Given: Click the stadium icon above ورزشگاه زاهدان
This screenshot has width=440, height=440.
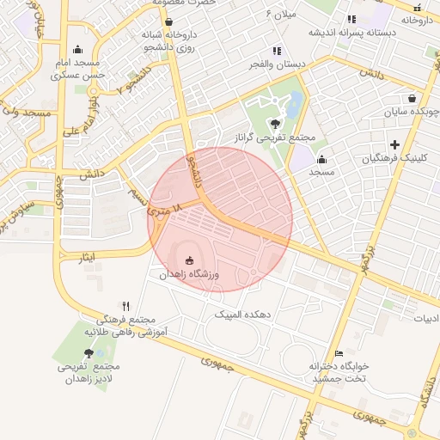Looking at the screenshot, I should pos(190,260).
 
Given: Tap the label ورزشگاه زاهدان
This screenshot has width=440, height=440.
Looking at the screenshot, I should pos(190,274).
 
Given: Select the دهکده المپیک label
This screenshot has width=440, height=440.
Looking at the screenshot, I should pos(243,315).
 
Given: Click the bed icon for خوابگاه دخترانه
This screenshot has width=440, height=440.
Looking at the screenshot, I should pos(339,353).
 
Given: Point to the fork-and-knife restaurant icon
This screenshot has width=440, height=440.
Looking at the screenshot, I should pos(125,306).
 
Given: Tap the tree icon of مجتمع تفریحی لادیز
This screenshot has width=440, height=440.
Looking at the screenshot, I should pos(89,353).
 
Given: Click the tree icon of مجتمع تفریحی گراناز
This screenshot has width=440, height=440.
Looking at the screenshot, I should pos(275,124).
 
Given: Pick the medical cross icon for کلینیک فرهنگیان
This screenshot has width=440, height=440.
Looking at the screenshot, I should pos(394,144).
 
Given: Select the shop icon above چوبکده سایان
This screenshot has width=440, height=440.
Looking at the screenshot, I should pos(412,98).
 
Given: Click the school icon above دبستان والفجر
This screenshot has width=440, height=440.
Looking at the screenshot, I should pos(276,51).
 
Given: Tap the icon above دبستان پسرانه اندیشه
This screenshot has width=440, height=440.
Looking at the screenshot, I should pos(351,19).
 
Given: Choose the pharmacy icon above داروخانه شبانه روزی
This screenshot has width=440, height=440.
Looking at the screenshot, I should pos(168,22).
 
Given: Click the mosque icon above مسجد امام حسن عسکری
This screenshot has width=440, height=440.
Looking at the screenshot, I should pos(78,49).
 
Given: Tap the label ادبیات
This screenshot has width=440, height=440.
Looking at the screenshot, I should pos(425,318).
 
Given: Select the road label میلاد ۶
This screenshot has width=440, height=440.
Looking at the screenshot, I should pos(281,14).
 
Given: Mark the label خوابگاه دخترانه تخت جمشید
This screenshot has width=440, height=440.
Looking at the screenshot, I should pos(339,372).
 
